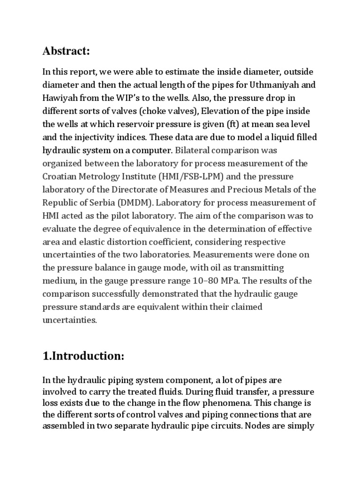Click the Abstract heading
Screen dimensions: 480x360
[66, 51]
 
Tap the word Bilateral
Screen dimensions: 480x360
[195, 150]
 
